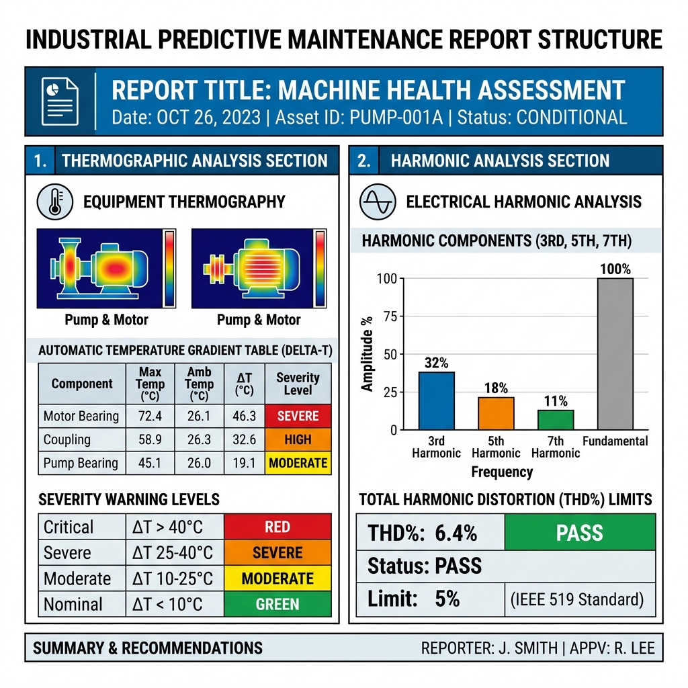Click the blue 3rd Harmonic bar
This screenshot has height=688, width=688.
tap(436, 400)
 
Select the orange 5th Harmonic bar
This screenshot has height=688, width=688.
tap(496, 413)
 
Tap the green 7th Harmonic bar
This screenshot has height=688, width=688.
tap(556, 420)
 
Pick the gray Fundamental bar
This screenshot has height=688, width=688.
tap(615, 353)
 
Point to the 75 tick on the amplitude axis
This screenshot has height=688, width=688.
tap(390, 316)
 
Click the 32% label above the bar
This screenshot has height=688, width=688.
tap(436, 363)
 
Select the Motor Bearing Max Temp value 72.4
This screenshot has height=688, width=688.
tap(150, 416)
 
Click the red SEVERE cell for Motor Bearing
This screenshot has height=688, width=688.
tap(298, 416)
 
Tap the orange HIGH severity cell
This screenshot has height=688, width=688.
tap(298, 439)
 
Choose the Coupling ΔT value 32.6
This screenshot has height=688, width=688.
tap(244, 439)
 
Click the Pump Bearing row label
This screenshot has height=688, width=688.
tap(81, 464)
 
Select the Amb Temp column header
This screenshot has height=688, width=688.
tap(199, 384)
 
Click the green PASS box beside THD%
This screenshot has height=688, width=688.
tap(580, 532)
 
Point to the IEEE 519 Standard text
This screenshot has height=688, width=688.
tap(577, 599)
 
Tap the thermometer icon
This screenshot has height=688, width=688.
tap(55, 202)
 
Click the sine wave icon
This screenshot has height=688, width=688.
tap(378, 202)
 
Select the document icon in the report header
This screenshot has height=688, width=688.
tap(60, 101)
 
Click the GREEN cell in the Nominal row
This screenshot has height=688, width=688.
tap(277, 604)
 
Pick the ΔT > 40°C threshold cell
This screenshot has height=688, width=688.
tap(167, 527)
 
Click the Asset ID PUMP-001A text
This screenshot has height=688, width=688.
tap(359, 118)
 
